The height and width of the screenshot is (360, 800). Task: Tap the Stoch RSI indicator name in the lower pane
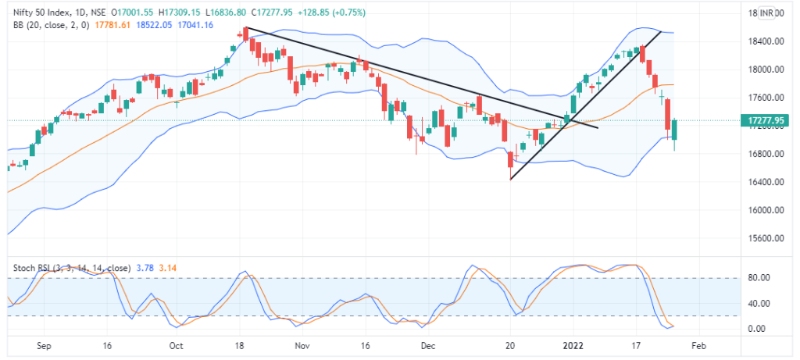[31, 267]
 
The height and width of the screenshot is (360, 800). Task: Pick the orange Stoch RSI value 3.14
[170, 267]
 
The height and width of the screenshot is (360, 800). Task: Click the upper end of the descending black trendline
[245, 28]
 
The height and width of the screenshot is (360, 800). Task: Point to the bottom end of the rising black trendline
[510, 180]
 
